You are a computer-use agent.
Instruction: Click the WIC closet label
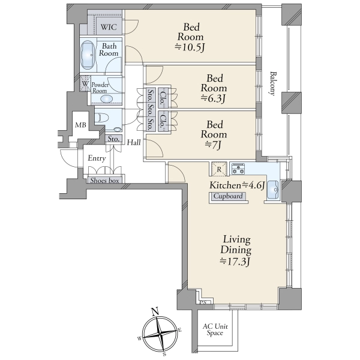[109, 27]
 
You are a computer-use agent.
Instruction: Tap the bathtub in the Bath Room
[88, 55]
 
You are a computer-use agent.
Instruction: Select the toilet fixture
[101, 118]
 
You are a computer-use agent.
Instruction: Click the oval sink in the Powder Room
[107, 99]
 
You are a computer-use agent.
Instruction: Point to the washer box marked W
[85, 83]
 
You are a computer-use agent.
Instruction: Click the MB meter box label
[80, 125]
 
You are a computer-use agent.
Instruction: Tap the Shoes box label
[104, 181]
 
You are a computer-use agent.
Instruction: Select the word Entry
[97, 158]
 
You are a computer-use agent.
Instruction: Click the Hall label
[134, 142]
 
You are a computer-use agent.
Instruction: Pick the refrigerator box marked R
[219, 169]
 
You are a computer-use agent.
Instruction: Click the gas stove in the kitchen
[238, 169]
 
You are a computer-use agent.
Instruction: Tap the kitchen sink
[272, 190]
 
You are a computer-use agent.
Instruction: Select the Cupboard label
[228, 196]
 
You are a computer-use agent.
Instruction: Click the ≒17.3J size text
[235, 262]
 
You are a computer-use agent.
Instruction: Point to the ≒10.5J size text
[190, 47]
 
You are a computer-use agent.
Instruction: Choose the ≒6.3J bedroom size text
[213, 98]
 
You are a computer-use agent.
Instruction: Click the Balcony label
[272, 83]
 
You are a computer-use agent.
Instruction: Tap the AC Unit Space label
[215, 329]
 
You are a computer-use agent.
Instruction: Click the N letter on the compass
[155, 312]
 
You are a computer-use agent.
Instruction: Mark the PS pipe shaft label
[203, 302]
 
